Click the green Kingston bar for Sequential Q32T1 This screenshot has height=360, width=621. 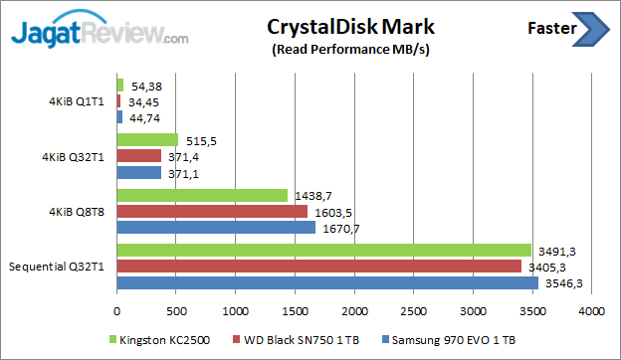pos(323,250)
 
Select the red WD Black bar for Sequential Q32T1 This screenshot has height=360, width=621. pos(318,266)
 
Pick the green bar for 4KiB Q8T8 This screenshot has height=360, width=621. pos(202,195)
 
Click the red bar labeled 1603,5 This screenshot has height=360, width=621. pos(212,211)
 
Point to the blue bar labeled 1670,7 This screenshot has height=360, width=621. pos(216,228)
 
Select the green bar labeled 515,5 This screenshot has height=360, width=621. pos(147,140)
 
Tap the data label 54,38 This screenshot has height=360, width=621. pos(143,86)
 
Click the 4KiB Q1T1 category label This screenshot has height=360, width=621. pos(84,102)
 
